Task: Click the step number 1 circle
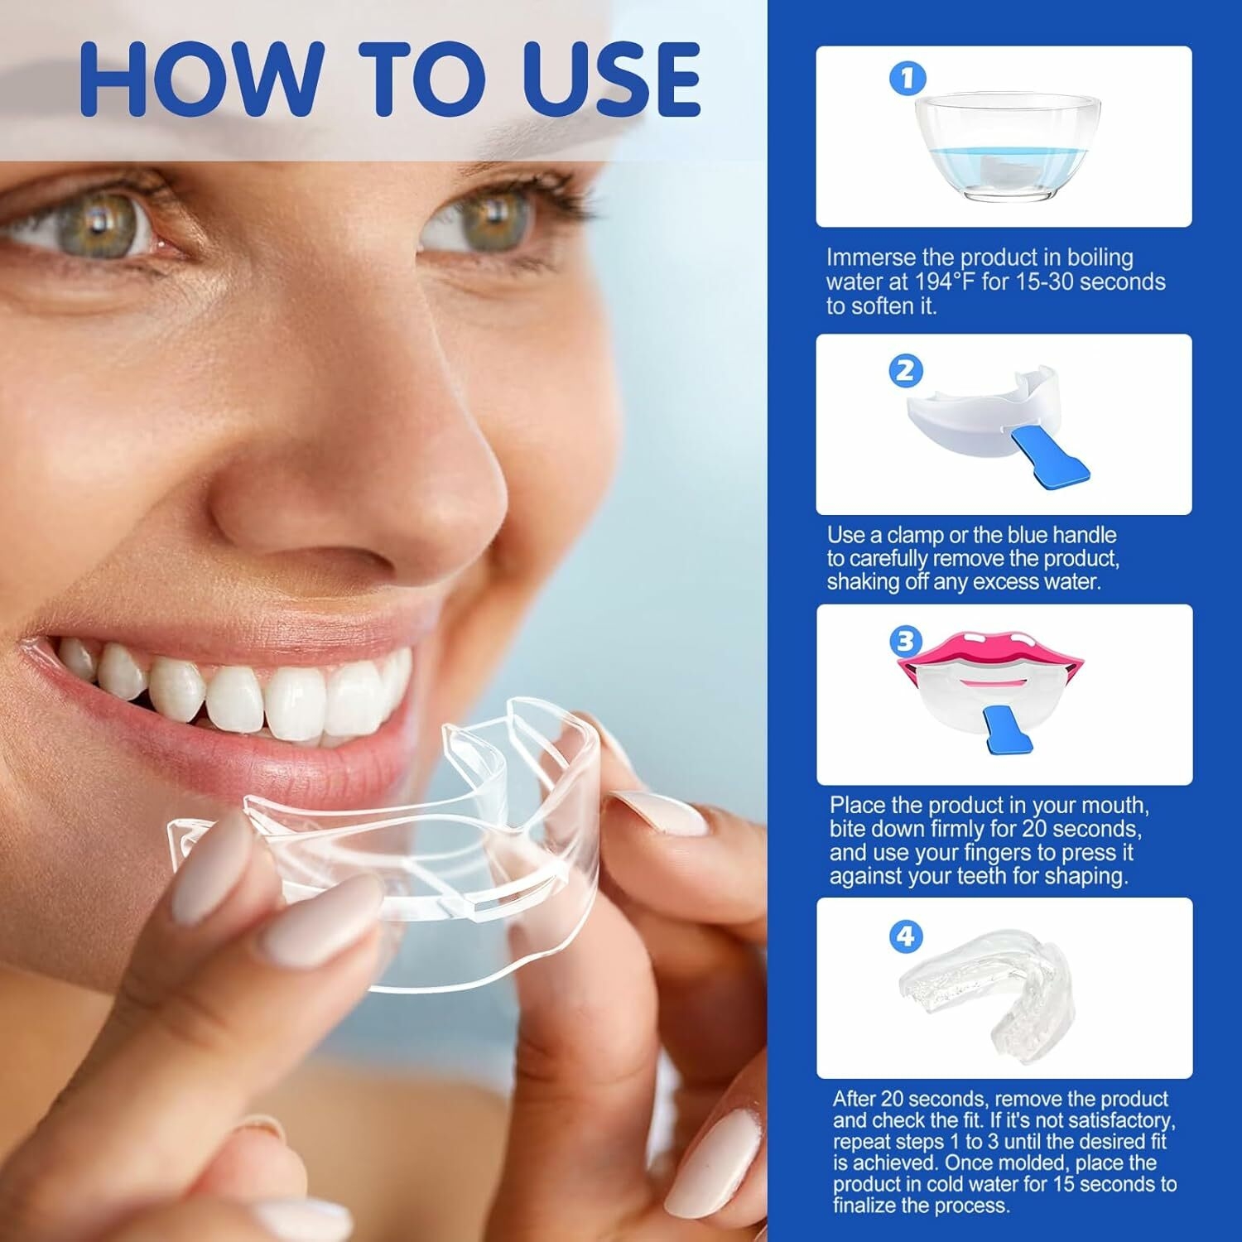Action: click(907, 79)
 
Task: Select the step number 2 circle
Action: click(905, 370)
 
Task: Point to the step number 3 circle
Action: click(906, 641)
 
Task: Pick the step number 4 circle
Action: click(907, 936)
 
